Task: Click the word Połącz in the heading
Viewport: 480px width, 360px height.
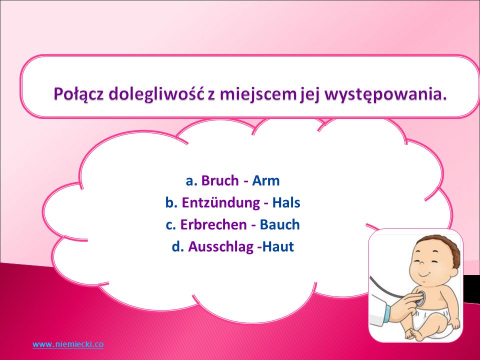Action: pos(79,94)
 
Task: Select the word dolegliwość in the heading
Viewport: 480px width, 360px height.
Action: pos(156,93)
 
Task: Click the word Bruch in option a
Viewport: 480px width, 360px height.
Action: pos(220,180)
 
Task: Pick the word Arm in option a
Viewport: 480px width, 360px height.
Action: pos(265,180)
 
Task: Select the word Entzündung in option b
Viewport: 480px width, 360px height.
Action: pos(220,203)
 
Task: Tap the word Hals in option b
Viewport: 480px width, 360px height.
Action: pos(286,202)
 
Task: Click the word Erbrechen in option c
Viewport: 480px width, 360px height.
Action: pos(213,224)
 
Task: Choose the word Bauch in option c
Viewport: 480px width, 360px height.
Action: pos(279,224)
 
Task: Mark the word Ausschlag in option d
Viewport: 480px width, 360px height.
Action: pos(220,247)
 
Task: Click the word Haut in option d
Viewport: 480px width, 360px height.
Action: pos(278,246)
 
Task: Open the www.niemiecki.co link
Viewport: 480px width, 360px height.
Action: pos(68,344)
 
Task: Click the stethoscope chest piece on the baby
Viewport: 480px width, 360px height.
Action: pos(419,297)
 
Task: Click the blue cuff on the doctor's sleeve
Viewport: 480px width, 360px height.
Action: pos(386,314)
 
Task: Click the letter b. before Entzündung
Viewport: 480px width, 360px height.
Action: pos(171,202)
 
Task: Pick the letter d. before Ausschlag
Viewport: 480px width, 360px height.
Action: pos(178,246)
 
